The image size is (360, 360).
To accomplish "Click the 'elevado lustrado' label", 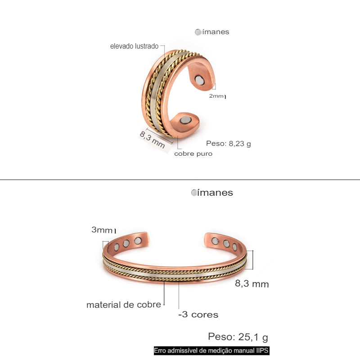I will (x=134, y=46).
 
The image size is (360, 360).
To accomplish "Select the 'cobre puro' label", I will (x=193, y=153).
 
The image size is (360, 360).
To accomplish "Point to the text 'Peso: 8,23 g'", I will (x=228, y=144).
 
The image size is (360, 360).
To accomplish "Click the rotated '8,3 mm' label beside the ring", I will (x=152, y=139).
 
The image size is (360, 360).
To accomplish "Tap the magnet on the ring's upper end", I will (x=199, y=81).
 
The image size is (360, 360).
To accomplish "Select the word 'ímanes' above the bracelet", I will (x=215, y=193).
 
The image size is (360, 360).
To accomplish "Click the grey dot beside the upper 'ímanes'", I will (x=198, y=32).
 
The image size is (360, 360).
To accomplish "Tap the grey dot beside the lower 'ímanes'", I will (x=194, y=193).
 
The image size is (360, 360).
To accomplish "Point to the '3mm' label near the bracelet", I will (x=101, y=230).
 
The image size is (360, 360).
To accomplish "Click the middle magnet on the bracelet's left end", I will (x=126, y=243).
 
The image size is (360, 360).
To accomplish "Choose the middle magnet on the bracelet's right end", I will (x=226, y=243).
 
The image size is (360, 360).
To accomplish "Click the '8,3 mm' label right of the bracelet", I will (x=252, y=284).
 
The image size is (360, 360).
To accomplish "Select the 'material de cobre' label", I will (x=124, y=305).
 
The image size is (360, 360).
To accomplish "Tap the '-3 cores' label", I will (x=198, y=315).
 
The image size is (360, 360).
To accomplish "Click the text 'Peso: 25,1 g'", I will (x=238, y=337).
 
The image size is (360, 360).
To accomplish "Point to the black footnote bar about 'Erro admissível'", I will (x=211, y=351).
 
